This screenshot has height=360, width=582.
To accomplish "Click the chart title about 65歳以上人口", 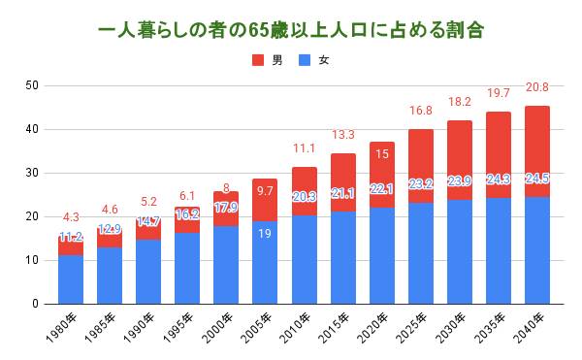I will pos(291,30).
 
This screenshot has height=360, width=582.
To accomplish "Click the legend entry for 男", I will pos(270,60).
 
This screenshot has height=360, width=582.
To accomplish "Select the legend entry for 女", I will pos(316,60).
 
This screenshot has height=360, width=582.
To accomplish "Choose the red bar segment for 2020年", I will pos(382,175).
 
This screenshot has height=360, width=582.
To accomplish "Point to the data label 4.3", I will pos(71,216).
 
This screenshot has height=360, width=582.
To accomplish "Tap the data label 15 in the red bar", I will pos(382,154).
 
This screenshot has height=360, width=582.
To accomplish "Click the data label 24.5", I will pos(536,205).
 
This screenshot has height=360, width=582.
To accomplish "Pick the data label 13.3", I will pos(342,135).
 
